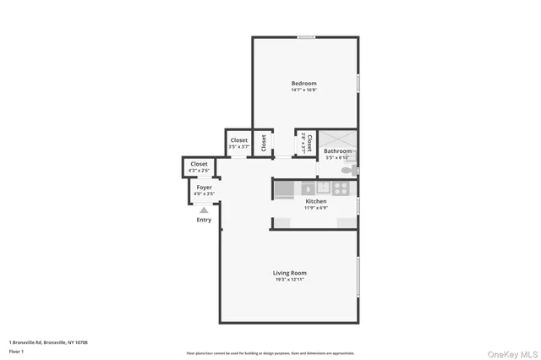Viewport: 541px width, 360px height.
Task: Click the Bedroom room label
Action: tap(303, 83)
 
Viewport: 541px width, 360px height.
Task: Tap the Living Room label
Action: tap(289, 273)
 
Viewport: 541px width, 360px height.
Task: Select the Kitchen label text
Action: tap(315, 201)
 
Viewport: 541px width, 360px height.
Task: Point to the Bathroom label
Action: tap(337, 151)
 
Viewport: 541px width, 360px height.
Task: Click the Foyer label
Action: tap(205, 187)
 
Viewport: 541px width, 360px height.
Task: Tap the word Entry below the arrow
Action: tap(204, 220)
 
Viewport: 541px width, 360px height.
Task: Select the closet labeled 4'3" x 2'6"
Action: tap(199, 166)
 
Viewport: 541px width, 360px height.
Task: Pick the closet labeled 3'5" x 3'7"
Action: tap(238, 143)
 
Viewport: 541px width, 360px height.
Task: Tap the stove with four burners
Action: tap(342, 188)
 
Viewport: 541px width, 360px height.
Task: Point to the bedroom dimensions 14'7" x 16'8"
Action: tap(303, 91)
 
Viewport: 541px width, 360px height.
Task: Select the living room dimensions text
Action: tap(289, 281)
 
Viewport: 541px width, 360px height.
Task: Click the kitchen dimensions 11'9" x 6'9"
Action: tap(315, 208)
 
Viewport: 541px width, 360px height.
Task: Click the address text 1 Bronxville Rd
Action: tap(49, 341)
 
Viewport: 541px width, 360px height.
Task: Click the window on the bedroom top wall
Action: tap(306, 36)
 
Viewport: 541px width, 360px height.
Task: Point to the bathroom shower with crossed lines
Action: tap(336, 139)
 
